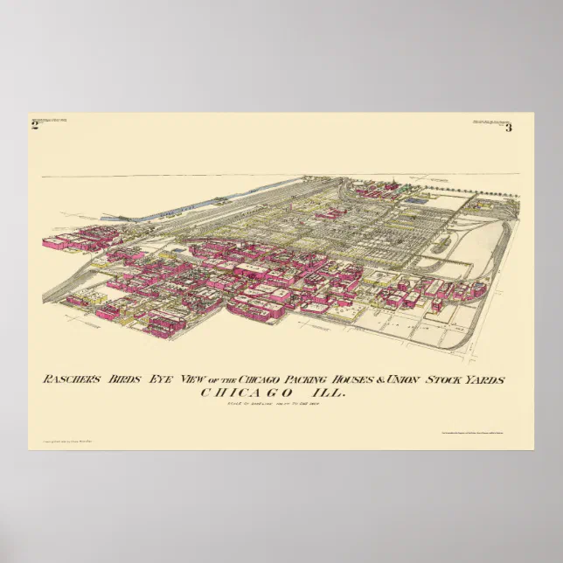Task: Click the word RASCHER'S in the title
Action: coord(73,379)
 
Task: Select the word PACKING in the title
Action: coord(328,379)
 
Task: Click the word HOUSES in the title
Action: coord(380,379)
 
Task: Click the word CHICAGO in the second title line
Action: coord(246,393)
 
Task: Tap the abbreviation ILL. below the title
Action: coord(330,393)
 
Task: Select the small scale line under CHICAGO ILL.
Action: coord(281,403)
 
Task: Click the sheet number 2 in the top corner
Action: coord(35,127)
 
